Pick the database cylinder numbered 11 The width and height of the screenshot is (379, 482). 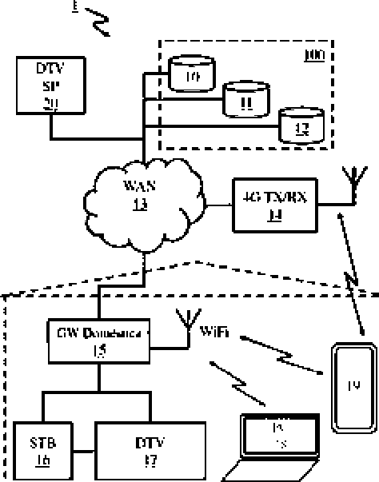coord(245,100)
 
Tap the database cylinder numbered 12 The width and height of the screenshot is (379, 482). coord(301,126)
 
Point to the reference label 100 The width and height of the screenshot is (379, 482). coord(315,55)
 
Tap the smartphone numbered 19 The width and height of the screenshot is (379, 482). coord(353,388)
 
